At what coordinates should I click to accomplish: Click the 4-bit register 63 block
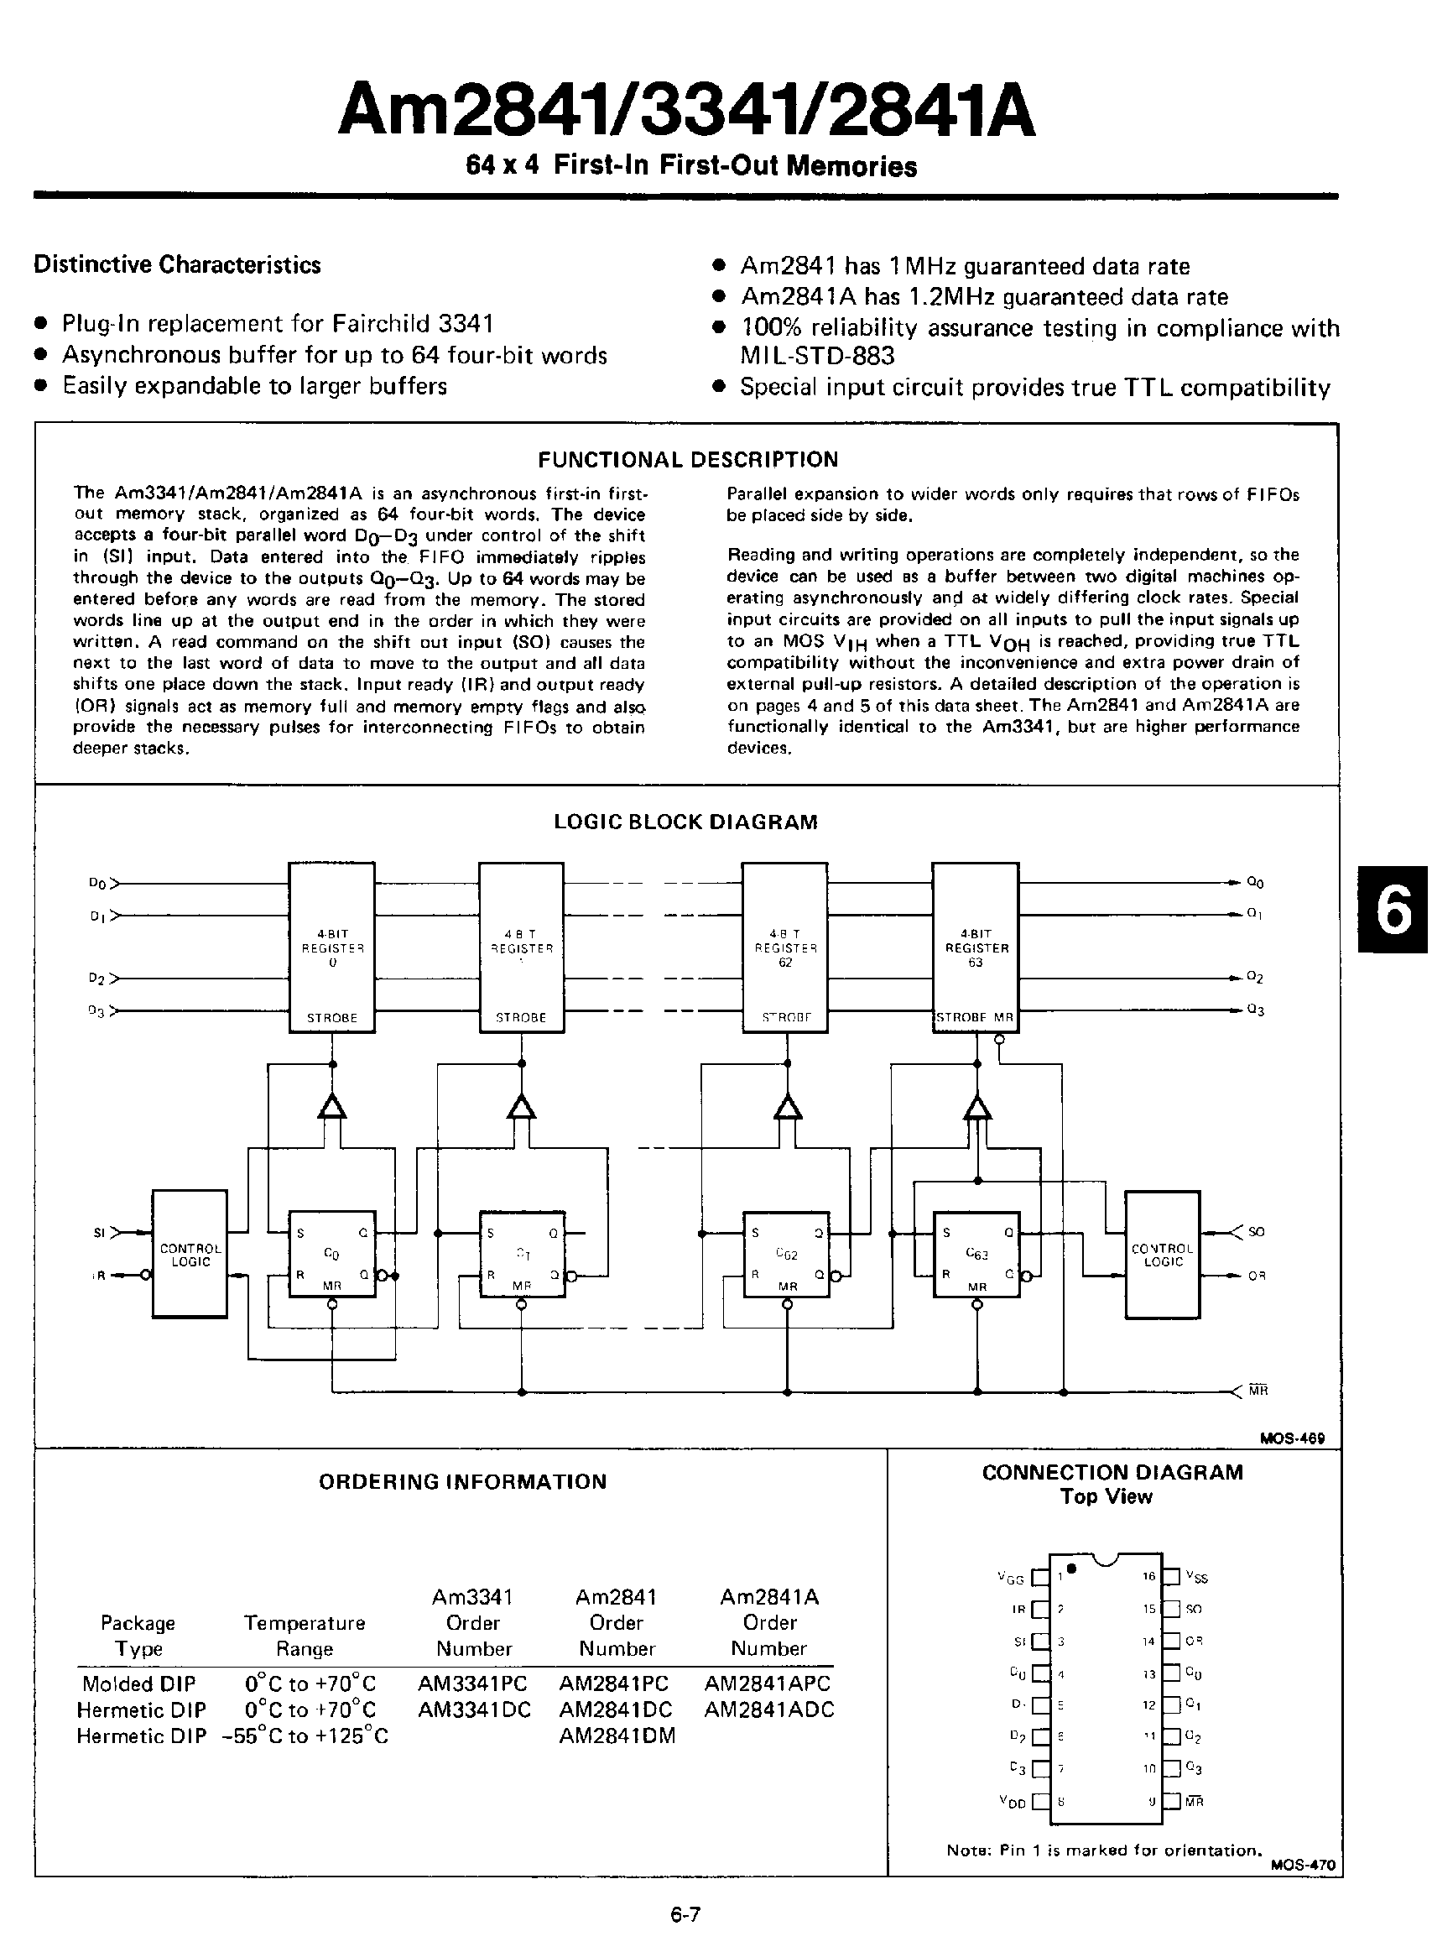(975, 947)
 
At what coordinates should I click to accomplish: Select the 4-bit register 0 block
(331, 947)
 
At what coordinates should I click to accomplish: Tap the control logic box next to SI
(190, 1254)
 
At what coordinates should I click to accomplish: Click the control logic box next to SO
(1163, 1254)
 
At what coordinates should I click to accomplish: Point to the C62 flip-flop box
(786, 1254)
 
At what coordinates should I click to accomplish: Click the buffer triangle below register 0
(332, 1108)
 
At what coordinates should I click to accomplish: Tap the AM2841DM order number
(617, 1736)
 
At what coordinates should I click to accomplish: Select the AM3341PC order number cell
(472, 1683)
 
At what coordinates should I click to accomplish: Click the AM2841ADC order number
(769, 1709)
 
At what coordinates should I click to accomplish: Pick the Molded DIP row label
(138, 1683)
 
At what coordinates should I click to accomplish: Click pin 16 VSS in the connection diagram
(1172, 1577)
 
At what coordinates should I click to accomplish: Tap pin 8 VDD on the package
(1040, 1801)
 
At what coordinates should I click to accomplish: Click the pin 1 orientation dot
(1072, 1568)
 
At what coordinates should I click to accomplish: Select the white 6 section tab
(1394, 911)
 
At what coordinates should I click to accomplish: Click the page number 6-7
(685, 1914)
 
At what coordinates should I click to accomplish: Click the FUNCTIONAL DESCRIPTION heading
(687, 460)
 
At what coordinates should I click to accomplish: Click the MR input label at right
(1258, 1391)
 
